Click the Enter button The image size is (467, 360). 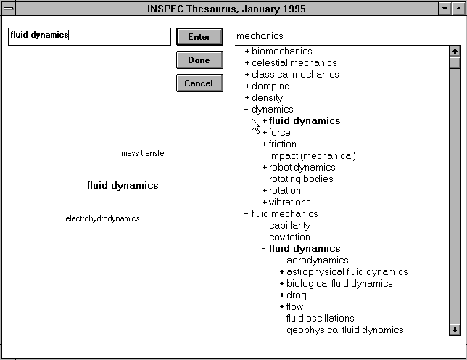click(x=199, y=37)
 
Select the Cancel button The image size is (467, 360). click(x=199, y=83)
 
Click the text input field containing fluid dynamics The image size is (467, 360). click(x=89, y=36)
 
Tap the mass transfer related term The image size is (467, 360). click(x=144, y=153)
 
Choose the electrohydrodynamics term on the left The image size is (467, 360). click(x=102, y=218)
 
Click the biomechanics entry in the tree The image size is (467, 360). click(x=281, y=52)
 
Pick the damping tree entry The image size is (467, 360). click(x=270, y=86)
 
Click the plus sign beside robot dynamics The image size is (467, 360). click(x=265, y=168)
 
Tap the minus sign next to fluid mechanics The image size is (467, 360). click(x=247, y=214)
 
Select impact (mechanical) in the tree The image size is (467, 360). click(x=312, y=156)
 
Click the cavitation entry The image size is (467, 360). click(x=289, y=237)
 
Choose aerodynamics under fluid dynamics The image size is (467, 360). click(x=317, y=261)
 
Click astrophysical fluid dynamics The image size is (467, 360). click(x=347, y=272)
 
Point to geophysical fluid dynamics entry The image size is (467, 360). click(x=344, y=330)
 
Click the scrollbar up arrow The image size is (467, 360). click(x=455, y=52)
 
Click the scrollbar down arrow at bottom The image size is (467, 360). click(x=455, y=330)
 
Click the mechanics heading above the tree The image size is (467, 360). click(x=260, y=36)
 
